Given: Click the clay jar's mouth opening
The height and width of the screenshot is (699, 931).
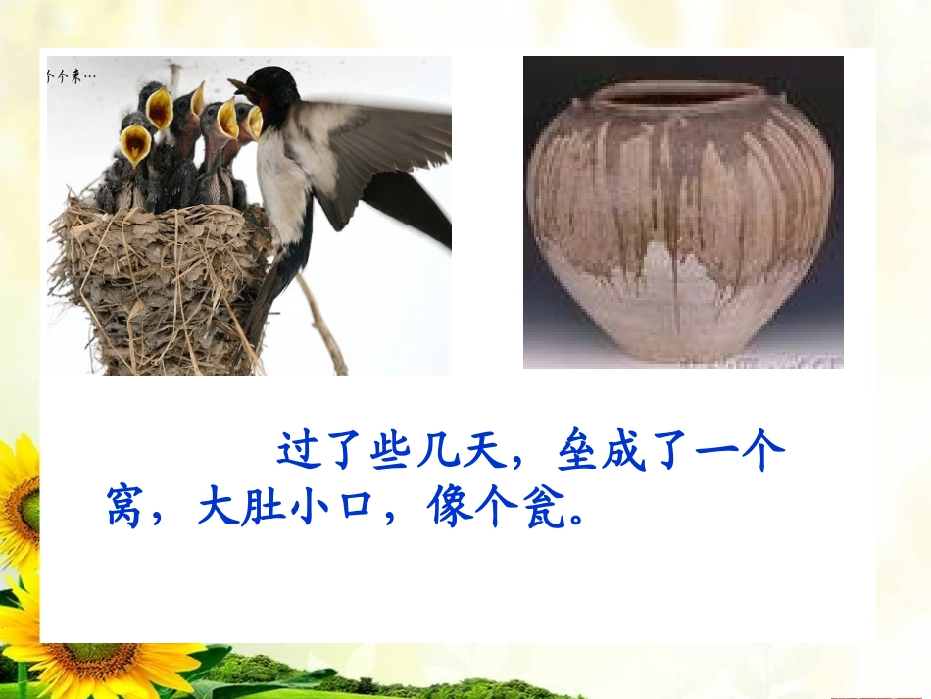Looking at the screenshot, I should (x=680, y=95).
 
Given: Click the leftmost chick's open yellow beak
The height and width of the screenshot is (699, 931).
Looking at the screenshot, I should (x=135, y=144).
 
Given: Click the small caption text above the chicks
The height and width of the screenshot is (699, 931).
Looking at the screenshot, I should (x=71, y=75).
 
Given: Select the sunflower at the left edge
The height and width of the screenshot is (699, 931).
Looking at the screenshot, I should (x=18, y=500).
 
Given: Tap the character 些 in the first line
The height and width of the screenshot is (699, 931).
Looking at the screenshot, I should (x=391, y=452).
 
